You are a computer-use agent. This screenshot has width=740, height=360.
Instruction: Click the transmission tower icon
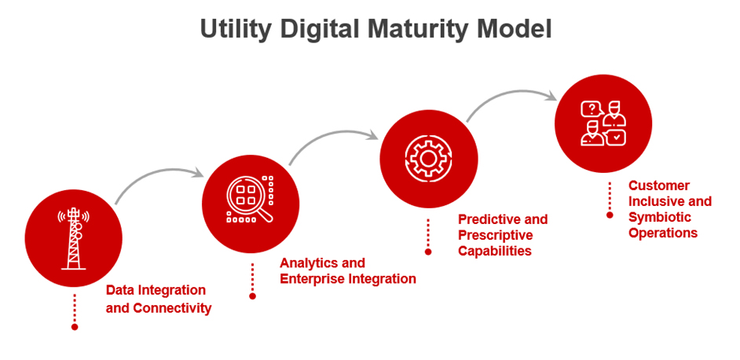tap(74, 238)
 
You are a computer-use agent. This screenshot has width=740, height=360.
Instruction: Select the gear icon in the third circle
tap(428, 158)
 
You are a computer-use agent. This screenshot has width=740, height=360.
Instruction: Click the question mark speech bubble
tap(589, 109)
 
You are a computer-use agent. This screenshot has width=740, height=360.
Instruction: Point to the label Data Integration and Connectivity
tap(158, 299)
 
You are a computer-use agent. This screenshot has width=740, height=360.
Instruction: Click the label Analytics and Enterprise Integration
tap(347, 270)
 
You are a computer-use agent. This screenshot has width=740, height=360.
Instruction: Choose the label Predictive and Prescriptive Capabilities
tap(502, 234)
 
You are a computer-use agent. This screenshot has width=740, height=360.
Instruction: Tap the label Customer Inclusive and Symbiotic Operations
tap(669, 209)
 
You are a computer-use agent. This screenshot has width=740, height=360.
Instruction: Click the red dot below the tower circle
tap(75, 326)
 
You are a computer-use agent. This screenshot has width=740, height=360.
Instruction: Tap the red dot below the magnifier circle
tap(252, 296)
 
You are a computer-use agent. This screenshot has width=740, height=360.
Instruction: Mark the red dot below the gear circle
tap(428, 252)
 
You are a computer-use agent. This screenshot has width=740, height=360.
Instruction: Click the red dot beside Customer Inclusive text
tap(610, 214)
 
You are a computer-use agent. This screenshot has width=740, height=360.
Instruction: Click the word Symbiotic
tap(659, 217)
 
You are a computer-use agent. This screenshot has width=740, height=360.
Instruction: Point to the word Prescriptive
tap(495, 235)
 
